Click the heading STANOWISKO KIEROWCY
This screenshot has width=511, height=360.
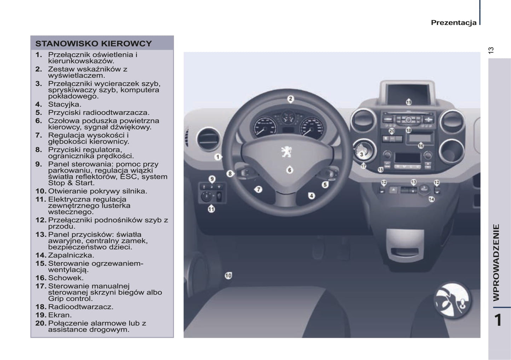click(x=93, y=44)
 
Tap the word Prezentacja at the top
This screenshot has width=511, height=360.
click(x=453, y=23)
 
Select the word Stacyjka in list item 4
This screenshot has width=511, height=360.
click(x=65, y=104)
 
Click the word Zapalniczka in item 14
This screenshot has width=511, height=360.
click(x=71, y=255)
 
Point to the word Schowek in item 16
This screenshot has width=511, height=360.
click(x=66, y=278)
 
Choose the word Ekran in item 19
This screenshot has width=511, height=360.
click(x=60, y=315)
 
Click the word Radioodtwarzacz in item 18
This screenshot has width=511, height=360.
click(x=81, y=307)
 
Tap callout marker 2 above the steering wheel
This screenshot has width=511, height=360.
click(x=290, y=99)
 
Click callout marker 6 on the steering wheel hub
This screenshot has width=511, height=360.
click(x=290, y=170)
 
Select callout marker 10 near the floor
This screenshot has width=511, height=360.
click(x=228, y=275)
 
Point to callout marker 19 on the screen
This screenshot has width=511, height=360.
click(x=408, y=102)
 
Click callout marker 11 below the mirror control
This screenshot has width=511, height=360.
click(x=211, y=209)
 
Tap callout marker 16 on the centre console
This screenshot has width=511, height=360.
click(x=420, y=146)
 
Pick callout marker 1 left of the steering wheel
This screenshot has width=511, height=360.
click(x=218, y=157)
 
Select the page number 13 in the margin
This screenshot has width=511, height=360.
click(x=491, y=50)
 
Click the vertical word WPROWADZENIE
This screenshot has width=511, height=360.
click(x=496, y=262)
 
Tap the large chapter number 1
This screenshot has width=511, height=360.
click(x=498, y=320)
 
